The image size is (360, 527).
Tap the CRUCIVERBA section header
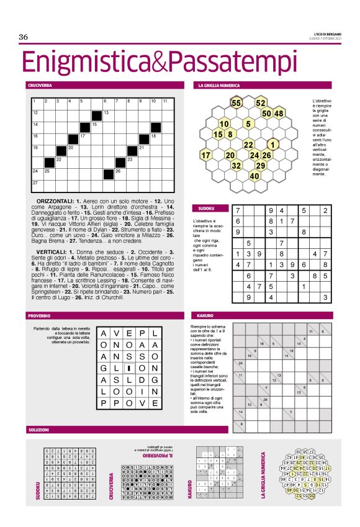[x=39, y=84]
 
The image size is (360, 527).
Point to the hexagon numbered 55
[x=236, y=102]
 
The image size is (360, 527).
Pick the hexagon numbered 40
[x=254, y=176]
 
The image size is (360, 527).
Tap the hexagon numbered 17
[x=206, y=155]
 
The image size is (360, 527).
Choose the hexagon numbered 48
[x=279, y=113]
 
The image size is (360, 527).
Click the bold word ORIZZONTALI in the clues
[x=56, y=202]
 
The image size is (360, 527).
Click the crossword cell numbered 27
[x=36, y=182]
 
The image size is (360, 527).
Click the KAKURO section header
[x=205, y=315]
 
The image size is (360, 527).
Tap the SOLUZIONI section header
[x=38, y=429]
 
